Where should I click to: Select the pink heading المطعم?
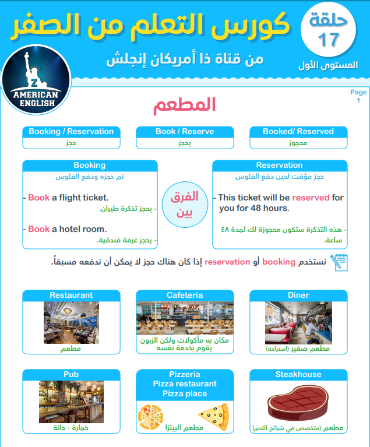(185, 105)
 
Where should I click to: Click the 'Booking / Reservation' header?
(71, 132)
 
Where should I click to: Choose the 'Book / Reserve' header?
(184, 132)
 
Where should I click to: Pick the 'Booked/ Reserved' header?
(298, 132)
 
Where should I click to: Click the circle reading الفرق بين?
(184, 203)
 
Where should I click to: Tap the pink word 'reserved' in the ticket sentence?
(311, 198)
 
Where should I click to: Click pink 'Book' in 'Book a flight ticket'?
(38, 198)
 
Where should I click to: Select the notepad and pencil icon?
(338, 262)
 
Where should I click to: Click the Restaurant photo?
(71, 322)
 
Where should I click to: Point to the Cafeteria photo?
(185, 318)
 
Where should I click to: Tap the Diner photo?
(298, 322)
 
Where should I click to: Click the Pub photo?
(71, 402)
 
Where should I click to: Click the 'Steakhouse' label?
(298, 375)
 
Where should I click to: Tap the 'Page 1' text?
(358, 96)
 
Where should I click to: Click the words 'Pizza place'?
(185, 393)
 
